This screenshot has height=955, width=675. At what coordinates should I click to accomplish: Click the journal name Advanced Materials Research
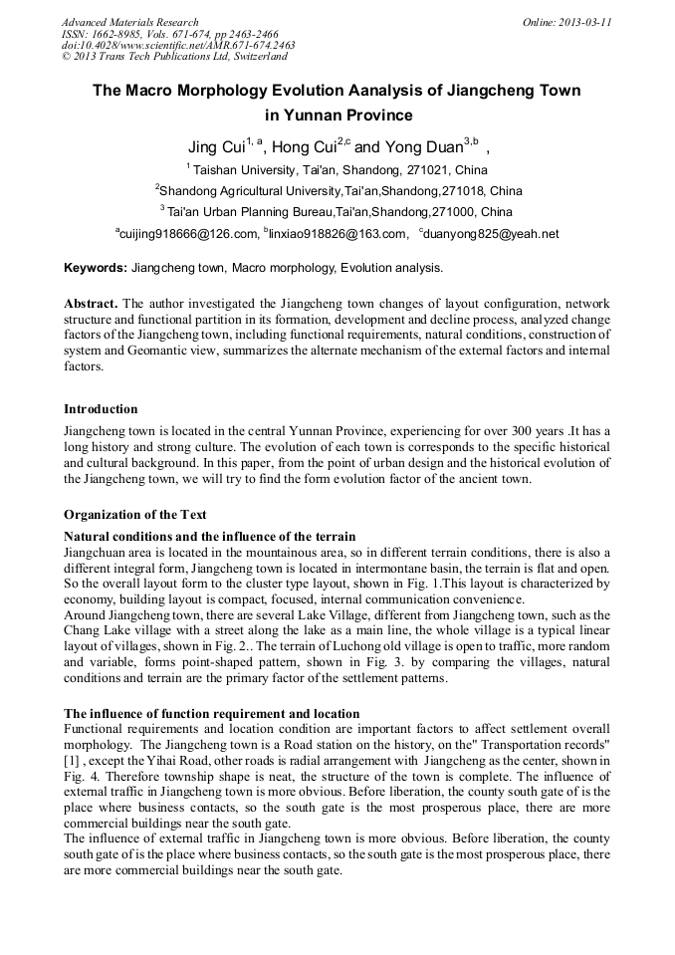129,22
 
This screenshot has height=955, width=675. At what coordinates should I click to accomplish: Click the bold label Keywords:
95,268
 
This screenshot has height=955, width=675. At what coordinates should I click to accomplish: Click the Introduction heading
101,409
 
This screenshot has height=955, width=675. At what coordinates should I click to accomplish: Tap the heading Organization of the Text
134,515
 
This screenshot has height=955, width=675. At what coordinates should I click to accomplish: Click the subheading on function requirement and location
211,713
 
